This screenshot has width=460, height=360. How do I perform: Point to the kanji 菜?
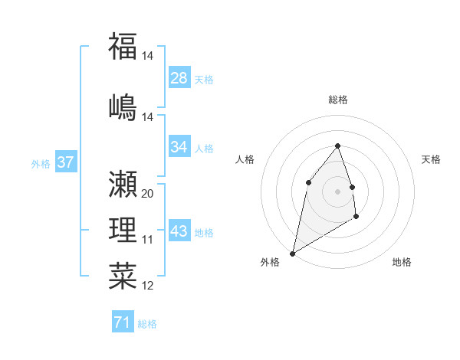coord(123,277)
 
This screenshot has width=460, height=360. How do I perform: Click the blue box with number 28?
coord(179,78)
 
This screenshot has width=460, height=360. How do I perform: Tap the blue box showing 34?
coord(179,147)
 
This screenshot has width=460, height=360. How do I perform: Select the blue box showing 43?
coord(179,231)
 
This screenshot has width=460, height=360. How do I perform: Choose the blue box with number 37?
coord(65,162)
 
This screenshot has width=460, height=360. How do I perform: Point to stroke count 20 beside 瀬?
coord(148,194)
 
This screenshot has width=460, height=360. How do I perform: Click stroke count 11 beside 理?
coord(148,240)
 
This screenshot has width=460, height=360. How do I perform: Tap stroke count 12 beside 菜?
coord(148,286)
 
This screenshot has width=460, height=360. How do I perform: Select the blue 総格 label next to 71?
coord(148,324)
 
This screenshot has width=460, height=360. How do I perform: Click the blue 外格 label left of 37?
coord(41,163)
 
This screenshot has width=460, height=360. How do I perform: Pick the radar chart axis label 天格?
coord(431,159)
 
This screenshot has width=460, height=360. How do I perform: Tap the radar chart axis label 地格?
coord(402,262)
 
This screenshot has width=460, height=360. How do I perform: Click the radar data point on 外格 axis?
coord(292,253)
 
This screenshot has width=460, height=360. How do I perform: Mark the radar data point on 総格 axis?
coord(337,146)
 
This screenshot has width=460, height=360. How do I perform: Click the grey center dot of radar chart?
coord(337,191)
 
